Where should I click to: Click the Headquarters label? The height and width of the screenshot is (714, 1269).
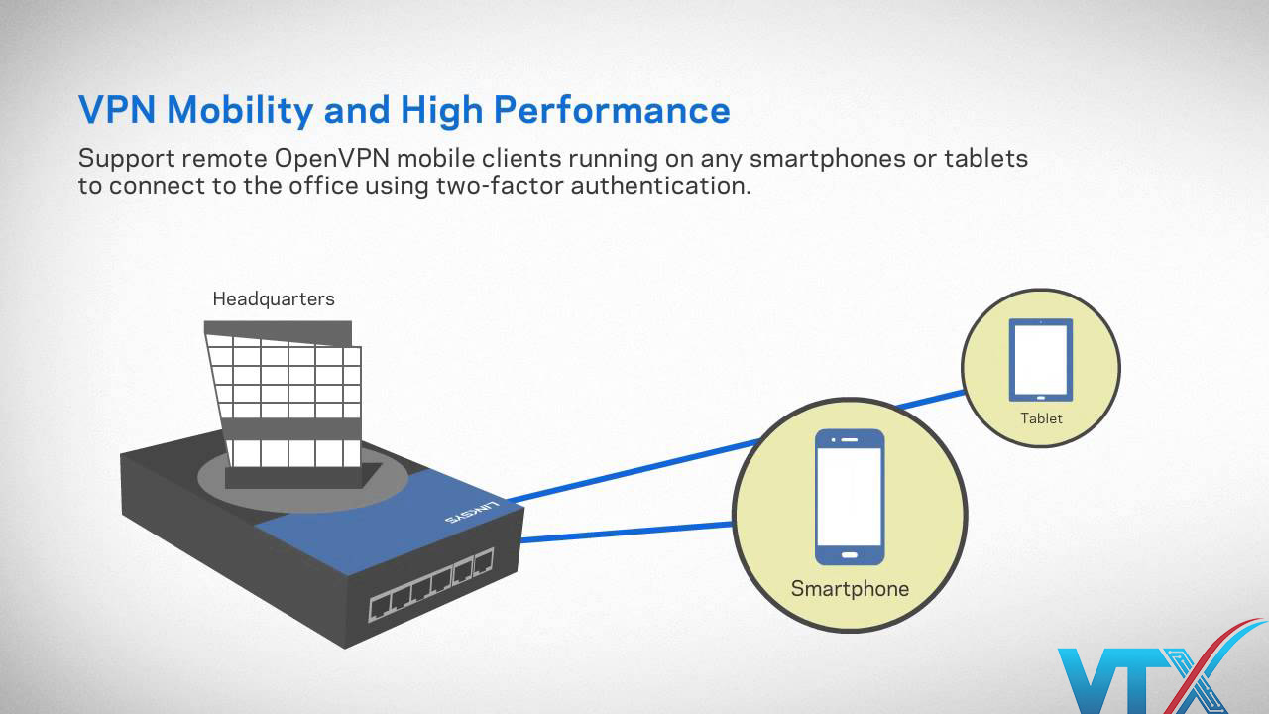point(274,298)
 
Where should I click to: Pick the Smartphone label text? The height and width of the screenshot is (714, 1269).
point(850,588)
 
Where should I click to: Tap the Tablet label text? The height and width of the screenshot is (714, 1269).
point(1041,418)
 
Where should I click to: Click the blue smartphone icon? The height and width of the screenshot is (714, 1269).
point(850,498)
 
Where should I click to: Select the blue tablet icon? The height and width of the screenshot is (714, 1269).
point(1041,359)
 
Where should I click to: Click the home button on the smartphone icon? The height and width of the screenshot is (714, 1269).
point(850,552)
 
